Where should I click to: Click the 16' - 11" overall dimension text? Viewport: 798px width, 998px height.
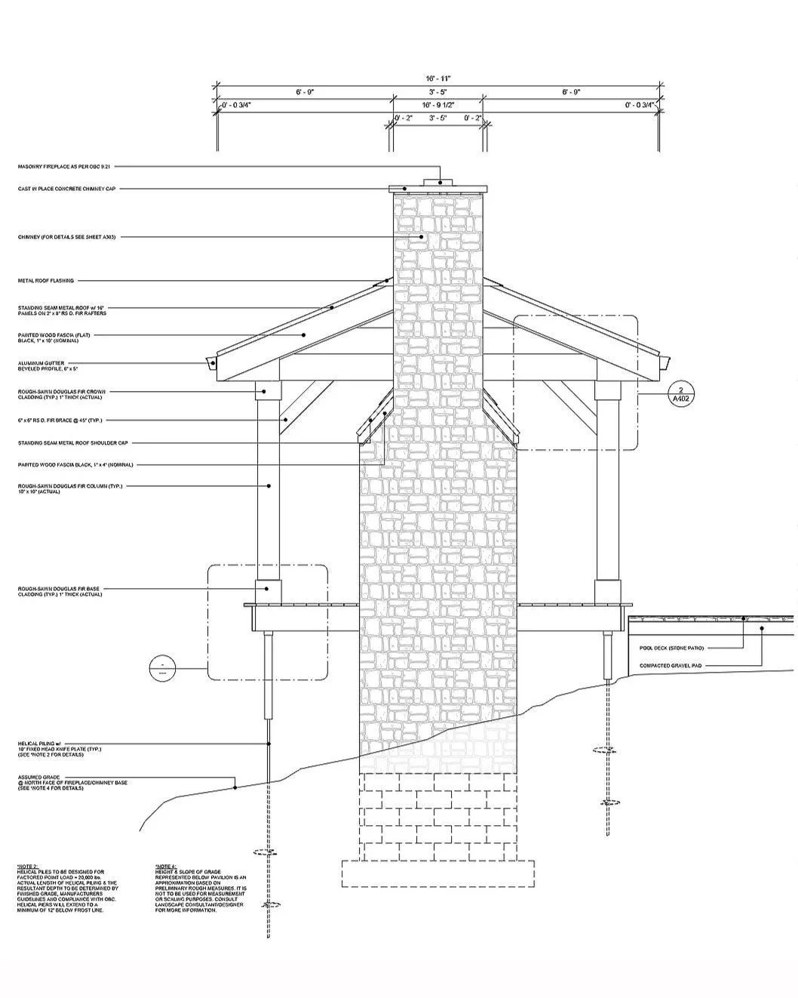(x=437, y=79)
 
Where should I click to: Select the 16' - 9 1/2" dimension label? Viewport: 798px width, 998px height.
(x=437, y=105)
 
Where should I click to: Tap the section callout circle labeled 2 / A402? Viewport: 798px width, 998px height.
(x=681, y=394)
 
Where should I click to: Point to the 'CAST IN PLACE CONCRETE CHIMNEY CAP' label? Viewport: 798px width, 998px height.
(x=68, y=189)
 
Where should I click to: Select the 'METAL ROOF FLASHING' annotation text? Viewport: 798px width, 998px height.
(x=46, y=281)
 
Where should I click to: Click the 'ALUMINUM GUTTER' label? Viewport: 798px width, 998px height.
(x=41, y=363)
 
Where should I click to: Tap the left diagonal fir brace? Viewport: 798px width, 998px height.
(x=305, y=408)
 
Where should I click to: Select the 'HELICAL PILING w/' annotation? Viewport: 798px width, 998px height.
(x=38, y=744)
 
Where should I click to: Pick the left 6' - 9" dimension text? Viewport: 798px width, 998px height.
(x=305, y=92)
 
